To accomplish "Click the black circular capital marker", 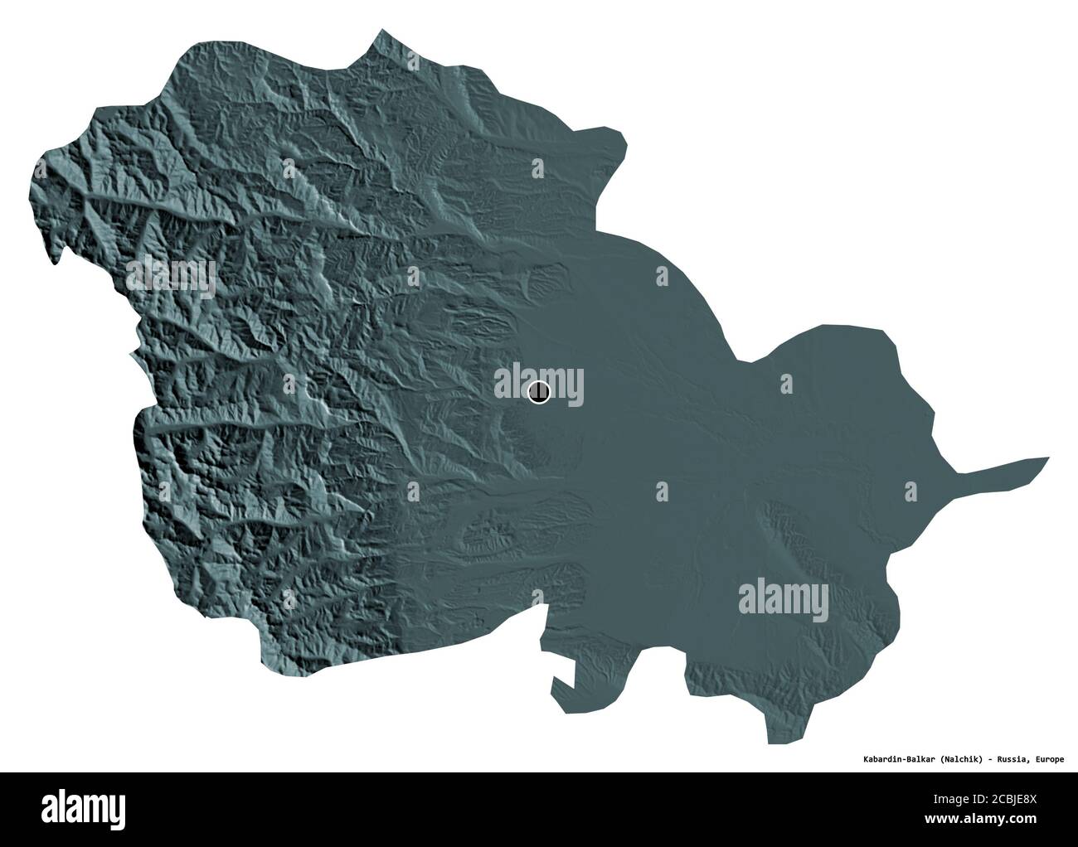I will tap(538, 392).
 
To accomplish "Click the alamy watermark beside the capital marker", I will tap(539, 385).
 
